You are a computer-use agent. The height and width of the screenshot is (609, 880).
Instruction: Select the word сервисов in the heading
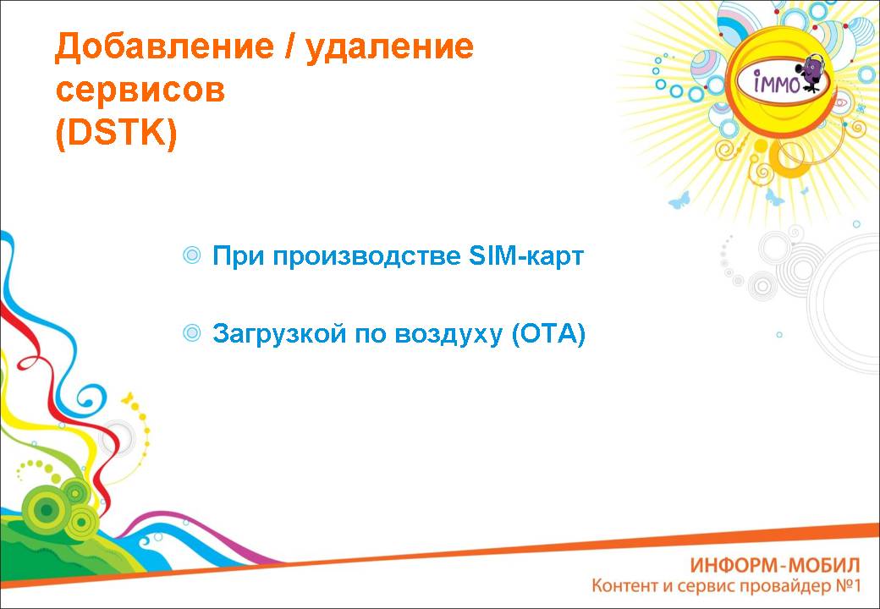point(140,91)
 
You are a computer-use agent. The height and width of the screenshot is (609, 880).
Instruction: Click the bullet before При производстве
point(192,255)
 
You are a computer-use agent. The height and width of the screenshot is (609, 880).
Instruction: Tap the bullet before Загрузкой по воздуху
point(192,333)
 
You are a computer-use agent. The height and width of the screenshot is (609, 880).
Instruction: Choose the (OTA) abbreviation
point(548,334)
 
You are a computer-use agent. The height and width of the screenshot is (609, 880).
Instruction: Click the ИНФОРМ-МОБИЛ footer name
point(774,565)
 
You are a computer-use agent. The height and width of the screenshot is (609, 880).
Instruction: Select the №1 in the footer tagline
point(848,586)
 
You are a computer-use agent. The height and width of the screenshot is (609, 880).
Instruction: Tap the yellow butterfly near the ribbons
point(129,398)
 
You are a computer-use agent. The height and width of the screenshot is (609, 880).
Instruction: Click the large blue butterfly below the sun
point(679,200)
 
